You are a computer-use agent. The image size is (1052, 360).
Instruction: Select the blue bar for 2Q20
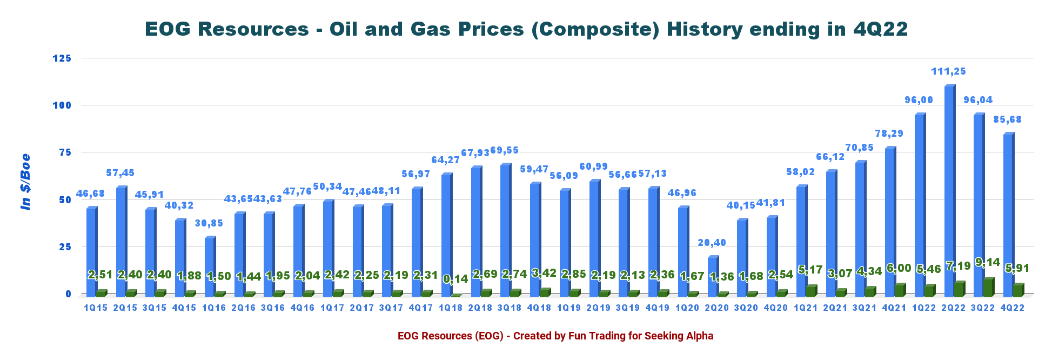coord(713,276)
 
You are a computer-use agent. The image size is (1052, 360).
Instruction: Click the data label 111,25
coord(948,71)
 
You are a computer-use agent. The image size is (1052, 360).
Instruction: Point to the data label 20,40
coord(712,243)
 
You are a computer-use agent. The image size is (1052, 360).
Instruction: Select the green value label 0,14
coord(455,279)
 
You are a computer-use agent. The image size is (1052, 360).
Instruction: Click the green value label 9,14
coord(988,263)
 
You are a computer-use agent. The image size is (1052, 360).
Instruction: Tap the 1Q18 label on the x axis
coord(450,308)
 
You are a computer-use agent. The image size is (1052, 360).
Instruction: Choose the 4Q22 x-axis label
coord(1012,308)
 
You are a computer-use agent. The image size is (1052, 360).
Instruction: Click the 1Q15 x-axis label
coord(96,308)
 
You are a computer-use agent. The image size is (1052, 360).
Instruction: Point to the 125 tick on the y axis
coord(61,58)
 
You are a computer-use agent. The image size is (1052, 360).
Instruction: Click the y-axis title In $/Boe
coord(25,182)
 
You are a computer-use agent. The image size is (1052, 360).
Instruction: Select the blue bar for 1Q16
coord(210,266)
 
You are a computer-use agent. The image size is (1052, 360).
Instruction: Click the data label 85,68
coord(1007,119)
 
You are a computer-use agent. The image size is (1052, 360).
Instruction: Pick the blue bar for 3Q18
coord(505,230)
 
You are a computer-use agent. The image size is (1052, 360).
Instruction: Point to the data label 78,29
coord(889,134)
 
